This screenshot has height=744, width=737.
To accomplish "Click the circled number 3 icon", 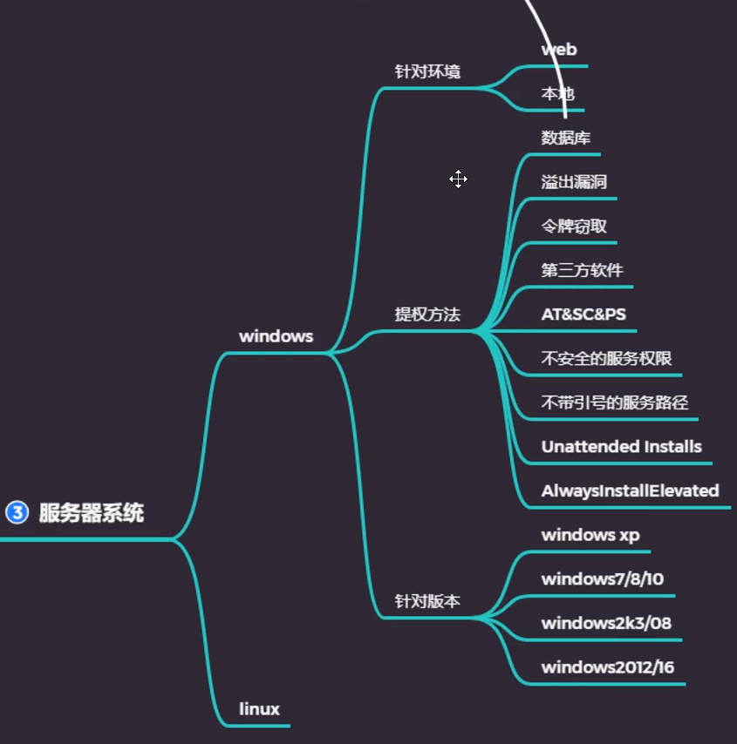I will click(17, 512).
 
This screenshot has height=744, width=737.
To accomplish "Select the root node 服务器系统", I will click(92, 512).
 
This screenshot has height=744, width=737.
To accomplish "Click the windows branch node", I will click(276, 336).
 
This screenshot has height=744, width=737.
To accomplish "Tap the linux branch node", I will click(259, 709).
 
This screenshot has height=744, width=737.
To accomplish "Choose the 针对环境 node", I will click(427, 71).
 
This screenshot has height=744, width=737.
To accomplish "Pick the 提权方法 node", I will click(427, 315).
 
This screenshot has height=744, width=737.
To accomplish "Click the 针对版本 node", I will click(427, 601).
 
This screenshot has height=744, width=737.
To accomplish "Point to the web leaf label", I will click(559, 50).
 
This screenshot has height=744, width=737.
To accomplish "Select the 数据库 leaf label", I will click(566, 138).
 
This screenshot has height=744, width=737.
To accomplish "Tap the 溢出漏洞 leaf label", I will click(574, 182).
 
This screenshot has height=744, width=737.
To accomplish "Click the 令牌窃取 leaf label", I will click(574, 227).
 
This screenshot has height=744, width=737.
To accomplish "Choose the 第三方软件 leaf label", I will click(582, 270).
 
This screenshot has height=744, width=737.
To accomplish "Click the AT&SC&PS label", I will click(583, 315).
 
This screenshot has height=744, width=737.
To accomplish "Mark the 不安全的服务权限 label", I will click(606, 359).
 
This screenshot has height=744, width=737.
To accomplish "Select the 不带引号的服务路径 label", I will click(614, 402).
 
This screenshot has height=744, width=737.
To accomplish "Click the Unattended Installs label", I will click(621, 447).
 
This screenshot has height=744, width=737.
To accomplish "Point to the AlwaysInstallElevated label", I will click(630, 490).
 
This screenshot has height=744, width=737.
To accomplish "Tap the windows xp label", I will click(590, 535).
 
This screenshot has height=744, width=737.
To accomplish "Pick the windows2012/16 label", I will click(607, 667).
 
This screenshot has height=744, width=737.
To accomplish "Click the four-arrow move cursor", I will click(459, 179).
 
